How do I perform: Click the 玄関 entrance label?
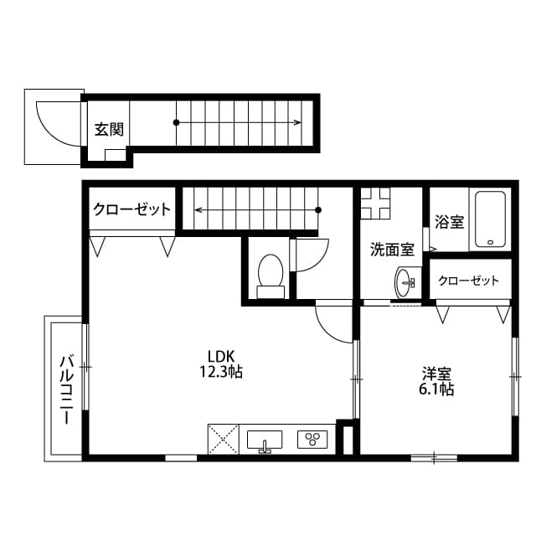[108, 129]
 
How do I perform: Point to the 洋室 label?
[436, 373]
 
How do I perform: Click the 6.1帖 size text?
[436, 389]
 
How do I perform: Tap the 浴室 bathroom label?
[450, 223]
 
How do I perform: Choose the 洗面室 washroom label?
[392, 249]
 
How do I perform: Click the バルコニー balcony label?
[67, 390]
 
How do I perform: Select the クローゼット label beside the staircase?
[131, 209]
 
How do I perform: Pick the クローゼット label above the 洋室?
[468, 281]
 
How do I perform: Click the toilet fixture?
[270, 275]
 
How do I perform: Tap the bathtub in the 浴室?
[490, 219]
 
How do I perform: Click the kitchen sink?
[265, 440]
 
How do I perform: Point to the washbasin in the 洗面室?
[405, 281]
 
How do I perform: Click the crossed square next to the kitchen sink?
[223, 440]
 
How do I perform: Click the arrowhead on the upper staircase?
[297, 123]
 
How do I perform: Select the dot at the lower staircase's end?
[319, 209]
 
